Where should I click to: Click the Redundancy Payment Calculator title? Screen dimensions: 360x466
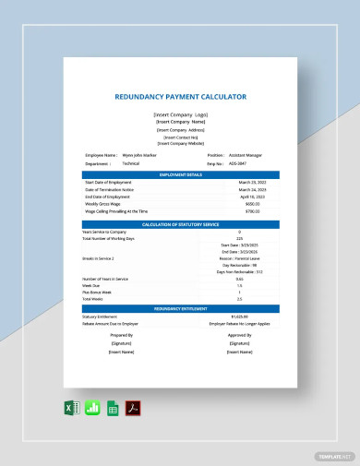(180, 96)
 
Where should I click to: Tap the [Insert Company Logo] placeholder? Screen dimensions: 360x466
(180, 114)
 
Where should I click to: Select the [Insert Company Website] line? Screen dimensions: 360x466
(180, 143)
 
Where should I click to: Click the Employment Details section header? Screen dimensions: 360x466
(180, 173)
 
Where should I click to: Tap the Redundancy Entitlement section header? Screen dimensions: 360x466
(180, 307)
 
